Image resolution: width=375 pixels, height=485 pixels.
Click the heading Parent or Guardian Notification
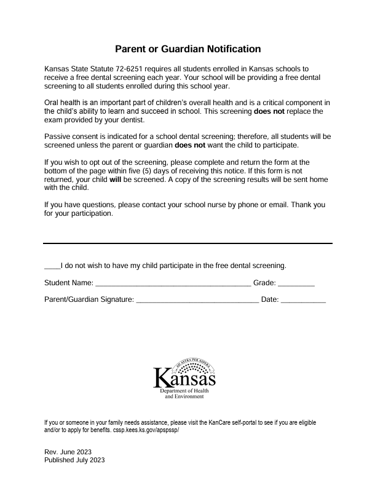(187, 49)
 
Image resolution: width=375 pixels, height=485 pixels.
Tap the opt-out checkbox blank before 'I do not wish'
(52, 267)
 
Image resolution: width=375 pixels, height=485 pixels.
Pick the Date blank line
(303, 301)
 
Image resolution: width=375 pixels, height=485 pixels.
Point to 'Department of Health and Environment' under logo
(184, 394)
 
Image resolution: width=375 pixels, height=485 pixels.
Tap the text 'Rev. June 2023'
(68, 452)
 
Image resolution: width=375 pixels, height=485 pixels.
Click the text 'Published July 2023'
(75, 460)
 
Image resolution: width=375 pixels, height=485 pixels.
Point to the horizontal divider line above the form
(187, 243)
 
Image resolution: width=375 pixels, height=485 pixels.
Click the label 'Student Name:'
(68, 283)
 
